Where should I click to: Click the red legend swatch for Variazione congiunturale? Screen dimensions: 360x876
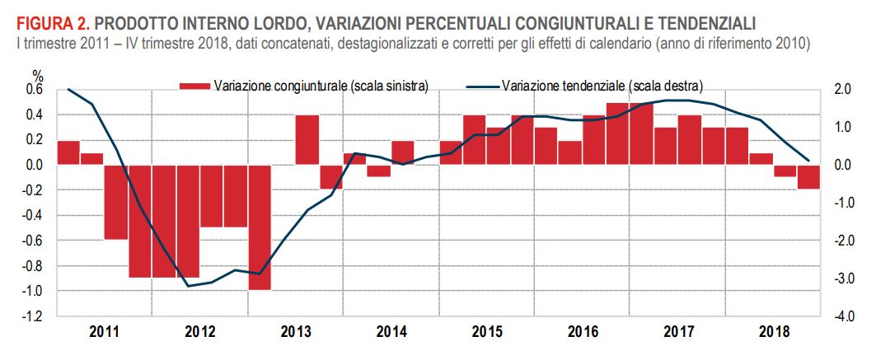click(194, 85)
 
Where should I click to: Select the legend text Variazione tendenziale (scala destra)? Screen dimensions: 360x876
click(602, 85)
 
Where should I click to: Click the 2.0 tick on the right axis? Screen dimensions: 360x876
click(842, 90)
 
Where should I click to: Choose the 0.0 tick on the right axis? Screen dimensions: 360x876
click(842, 166)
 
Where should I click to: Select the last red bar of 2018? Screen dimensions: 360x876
click(808, 177)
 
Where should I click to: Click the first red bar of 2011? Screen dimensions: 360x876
click(68, 153)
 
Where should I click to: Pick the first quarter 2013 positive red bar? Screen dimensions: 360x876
click(307, 140)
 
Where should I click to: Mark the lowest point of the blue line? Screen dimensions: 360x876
click(188, 286)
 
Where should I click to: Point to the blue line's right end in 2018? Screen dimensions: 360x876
click(808, 160)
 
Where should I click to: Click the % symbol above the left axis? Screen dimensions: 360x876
click(36, 76)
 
